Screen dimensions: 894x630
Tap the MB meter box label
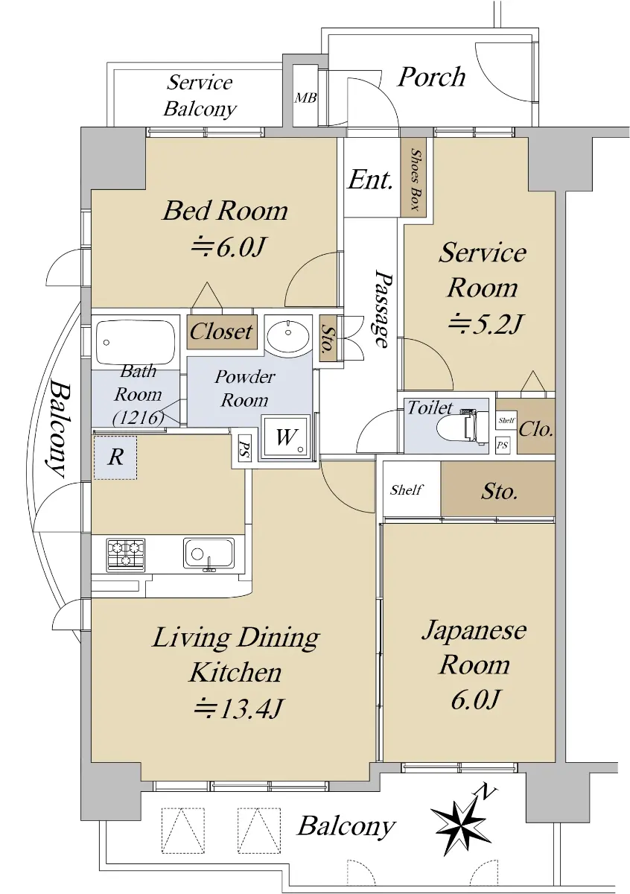(305, 98)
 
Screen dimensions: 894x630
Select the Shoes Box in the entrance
(414, 177)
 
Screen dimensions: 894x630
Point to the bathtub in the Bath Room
(135, 341)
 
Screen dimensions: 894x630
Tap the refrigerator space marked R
(115, 457)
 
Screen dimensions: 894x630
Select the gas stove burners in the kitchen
(126, 554)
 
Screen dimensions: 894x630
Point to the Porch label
(431, 76)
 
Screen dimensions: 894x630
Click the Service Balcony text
(200, 95)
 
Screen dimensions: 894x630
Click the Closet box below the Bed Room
(221, 331)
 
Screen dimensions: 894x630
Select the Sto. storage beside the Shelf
(498, 491)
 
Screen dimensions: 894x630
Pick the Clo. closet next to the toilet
(535, 428)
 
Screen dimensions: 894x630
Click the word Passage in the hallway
(381, 308)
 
